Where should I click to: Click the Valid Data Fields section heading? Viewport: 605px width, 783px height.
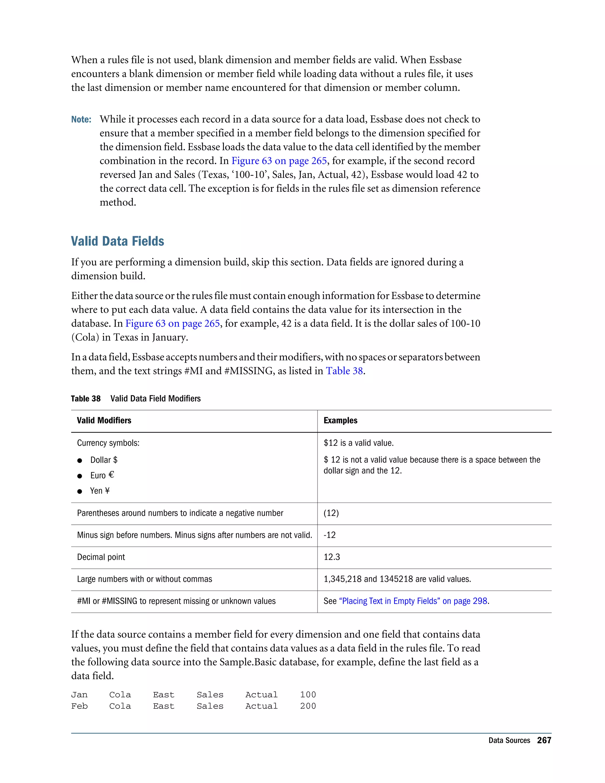(x=117, y=241)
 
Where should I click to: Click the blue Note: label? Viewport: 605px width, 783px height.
(x=81, y=119)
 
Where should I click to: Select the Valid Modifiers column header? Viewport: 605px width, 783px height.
(x=104, y=420)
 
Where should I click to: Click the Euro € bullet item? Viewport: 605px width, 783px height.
(x=102, y=475)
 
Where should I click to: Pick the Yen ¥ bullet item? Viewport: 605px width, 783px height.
(x=100, y=491)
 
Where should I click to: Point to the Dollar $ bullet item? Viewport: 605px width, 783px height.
(x=104, y=460)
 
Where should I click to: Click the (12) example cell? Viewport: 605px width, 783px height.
(x=331, y=513)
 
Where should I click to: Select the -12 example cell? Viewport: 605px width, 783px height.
(x=329, y=535)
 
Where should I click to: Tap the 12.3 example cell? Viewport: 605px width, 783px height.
(x=331, y=557)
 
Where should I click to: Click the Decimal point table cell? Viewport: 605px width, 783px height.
(x=101, y=557)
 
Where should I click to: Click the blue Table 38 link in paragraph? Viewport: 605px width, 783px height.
(x=344, y=371)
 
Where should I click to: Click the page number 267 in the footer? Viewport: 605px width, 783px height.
(x=544, y=740)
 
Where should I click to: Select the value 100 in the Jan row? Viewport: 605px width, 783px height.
(x=308, y=695)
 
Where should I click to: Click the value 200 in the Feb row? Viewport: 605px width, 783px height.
(x=308, y=706)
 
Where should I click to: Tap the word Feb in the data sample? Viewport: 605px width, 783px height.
(x=79, y=706)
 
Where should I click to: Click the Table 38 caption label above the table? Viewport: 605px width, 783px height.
(x=86, y=399)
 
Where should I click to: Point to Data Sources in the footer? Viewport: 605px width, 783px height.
(x=509, y=740)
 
